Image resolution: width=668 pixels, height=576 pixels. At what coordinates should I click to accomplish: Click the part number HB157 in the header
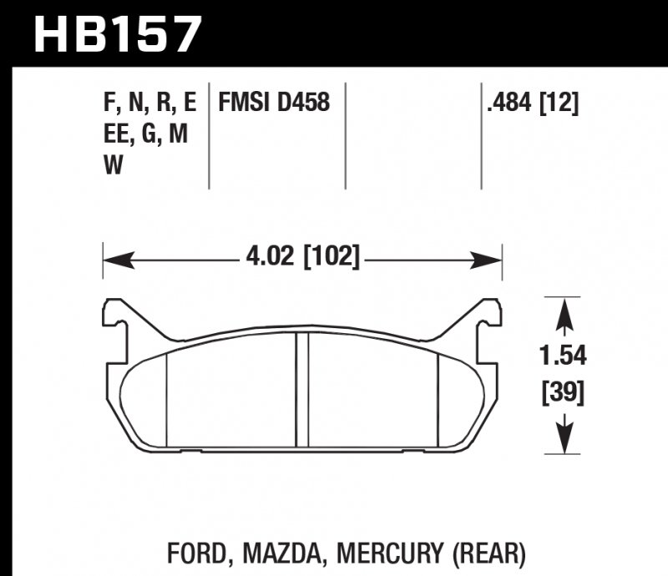pos(118,33)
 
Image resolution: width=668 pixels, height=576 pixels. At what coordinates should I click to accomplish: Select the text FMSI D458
pos(274,104)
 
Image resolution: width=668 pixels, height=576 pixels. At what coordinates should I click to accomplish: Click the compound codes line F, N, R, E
pos(149,104)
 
